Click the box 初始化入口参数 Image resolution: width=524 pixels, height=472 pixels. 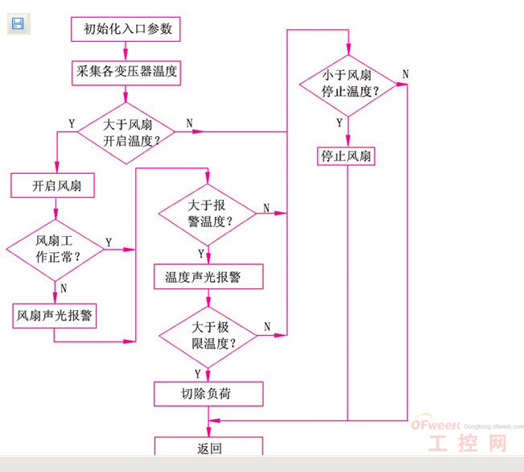pyautogui.click(x=127, y=31)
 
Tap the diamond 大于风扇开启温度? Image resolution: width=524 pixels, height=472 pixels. pyautogui.click(x=126, y=132)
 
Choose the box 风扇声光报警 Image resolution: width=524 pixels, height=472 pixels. pyautogui.click(x=55, y=316)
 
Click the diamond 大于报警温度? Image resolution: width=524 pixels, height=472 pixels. pyautogui.click(x=207, y=213)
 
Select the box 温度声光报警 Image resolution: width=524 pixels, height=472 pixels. pyautogui.click(x=208, y=277)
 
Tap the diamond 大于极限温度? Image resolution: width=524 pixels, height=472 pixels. pyautogui.click(x=207, y=335)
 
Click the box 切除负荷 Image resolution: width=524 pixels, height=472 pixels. pyautogui.click(x=208, y=394)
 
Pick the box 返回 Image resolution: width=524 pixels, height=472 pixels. pyautogui.click(x=208, y=448)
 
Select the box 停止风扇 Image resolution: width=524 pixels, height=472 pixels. pyautogui.click(x=346, y=156)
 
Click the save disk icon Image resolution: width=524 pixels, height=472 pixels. pyautogui.click(x=18, y=23)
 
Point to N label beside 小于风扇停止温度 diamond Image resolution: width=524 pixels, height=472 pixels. pyautogui.click(x=405, y=74)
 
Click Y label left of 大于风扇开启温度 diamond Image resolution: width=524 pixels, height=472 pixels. pyautogui.click(x=72, y=124)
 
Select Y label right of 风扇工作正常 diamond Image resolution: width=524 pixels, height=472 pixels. pyautogui.click(x=109, y=241)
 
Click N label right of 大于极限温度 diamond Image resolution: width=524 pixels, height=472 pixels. pyautogui.click(x=266, y=327)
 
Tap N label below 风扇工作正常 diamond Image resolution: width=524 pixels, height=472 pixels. pyautogui.click(x=63, y=288)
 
